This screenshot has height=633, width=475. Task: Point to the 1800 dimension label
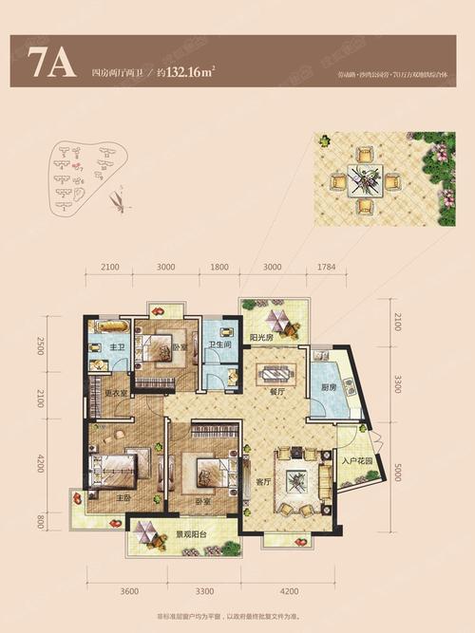pos(219,267)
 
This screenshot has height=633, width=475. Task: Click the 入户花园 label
pos(354,462)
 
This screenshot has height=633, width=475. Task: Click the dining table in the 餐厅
pos(277,368)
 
